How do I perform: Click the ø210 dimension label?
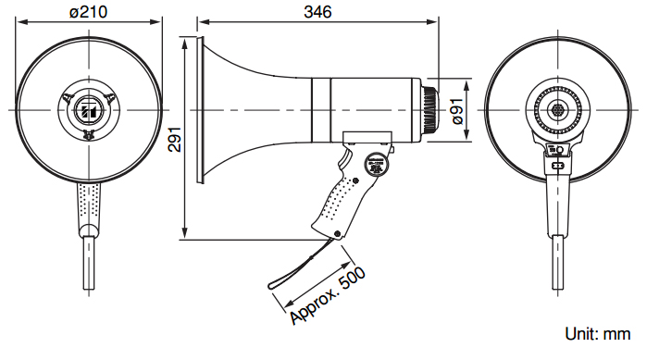[88, 11]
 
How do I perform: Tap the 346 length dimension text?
[317, 11]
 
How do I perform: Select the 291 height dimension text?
[174, 139]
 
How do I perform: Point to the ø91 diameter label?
[457, 111]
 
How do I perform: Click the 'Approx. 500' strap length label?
[328, 296]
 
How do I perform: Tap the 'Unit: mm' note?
[598, 334]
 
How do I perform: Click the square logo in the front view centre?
[89, 110]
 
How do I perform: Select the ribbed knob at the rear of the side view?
[429, 109]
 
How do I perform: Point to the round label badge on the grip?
[374, 165]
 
